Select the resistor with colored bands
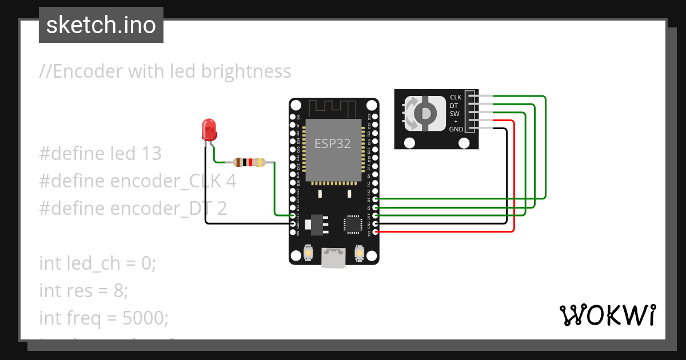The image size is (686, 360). pos(249,162)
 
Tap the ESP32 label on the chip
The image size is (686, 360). pos(332,143)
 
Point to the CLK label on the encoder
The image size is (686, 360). pos(456,97)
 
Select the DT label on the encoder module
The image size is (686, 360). pos(454,106)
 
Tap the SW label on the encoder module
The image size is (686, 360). pos(454,114)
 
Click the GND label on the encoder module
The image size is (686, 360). pos(456,130)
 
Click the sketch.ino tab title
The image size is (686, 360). pos(101,25)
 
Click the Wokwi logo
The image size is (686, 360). pos(607,315)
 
